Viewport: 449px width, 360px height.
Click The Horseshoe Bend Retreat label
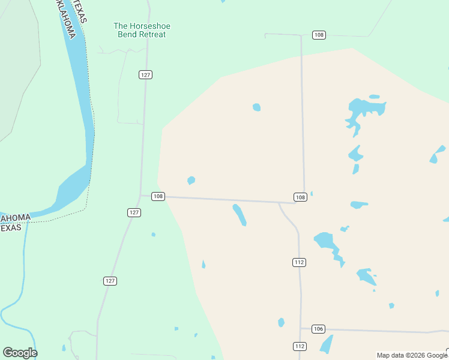(x=139, y=30)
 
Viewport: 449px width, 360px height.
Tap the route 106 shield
(x=319, y=329)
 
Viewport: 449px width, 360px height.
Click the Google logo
(x=20, y=353)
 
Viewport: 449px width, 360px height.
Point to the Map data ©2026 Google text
(x=412, y=355)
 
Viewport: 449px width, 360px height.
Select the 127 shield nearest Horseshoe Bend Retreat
(x=145, y=75)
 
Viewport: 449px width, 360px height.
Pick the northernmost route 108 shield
(x=319, y=35)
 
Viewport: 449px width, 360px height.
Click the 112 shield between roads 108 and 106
(x=300, y=262)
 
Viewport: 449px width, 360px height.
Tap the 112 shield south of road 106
(x=300, y=346)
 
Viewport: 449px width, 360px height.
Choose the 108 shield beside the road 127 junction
(x=158, y=196)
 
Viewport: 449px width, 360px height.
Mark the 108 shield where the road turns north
(x=300, y=197)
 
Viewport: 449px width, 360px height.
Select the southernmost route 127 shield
(x=110, y=281)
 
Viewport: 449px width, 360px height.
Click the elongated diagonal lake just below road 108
(x=240, y=215)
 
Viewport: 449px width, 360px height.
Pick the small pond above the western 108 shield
(x=191, y=180)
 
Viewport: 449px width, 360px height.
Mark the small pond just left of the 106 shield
(x=281, y=323)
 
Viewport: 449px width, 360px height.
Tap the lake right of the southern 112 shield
(x=327, y=344)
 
